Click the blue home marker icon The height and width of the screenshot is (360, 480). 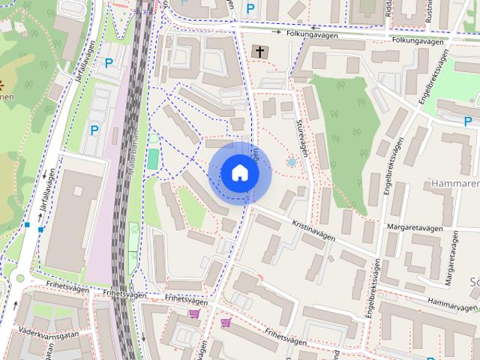click(239, 173)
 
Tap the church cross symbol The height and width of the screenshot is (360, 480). click(259, 52)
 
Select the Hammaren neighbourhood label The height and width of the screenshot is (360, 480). click(454, 182)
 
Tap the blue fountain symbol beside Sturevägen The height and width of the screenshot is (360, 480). click(292, 162)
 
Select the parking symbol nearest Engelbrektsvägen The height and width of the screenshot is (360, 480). click(466, 121)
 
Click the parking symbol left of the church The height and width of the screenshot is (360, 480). click(250, 9)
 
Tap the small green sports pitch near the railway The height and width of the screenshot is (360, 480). click(154, 159)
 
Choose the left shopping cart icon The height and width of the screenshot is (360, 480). click(194, 313)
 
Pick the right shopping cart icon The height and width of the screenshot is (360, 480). click(226, 322)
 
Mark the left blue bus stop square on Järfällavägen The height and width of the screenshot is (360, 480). click(27, 224)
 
